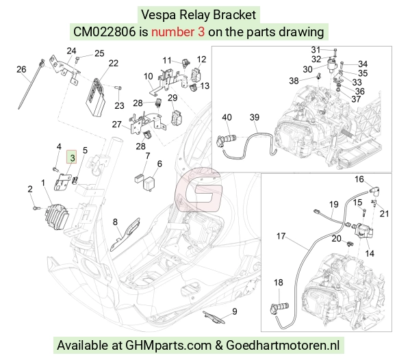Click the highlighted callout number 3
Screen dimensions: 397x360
coord(72,157)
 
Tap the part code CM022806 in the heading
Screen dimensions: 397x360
coord(105,32)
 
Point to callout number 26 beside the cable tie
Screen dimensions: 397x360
coord(21,69)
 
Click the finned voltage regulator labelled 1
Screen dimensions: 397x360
coord(57,216)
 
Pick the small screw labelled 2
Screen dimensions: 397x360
coord(36,208)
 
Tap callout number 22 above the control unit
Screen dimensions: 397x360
coord(114,63)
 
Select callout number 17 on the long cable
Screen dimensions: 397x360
coord(281,236)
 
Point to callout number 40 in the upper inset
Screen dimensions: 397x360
coord(227,117)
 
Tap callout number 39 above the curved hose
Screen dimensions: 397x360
coord(255,117)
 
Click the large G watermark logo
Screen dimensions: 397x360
coord(199,190)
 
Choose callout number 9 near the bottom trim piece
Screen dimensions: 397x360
coord(235,311)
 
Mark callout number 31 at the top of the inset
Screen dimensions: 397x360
coord(316,50)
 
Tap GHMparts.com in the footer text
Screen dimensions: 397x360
coord(168,346)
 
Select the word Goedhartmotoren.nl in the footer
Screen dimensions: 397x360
coord(283,345)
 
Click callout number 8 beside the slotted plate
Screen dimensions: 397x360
coord(115,222)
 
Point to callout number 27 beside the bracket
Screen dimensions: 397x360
coord(117,125)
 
